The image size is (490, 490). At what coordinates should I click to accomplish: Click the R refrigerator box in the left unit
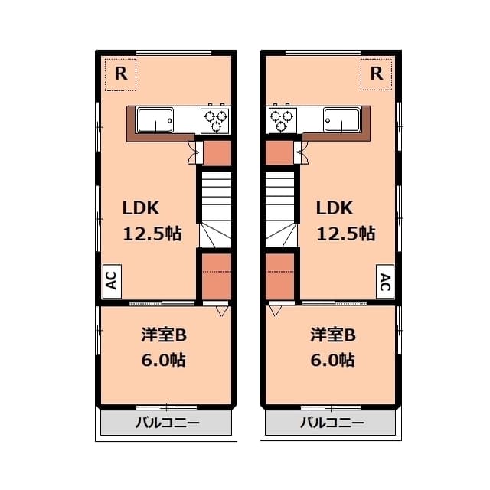tap(120, 74)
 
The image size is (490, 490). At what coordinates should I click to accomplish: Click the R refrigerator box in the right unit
tap(376, 74)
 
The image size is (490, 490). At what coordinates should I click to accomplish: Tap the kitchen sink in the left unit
tap(155, 120)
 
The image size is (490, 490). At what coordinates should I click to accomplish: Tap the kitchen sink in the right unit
tap(341, 120)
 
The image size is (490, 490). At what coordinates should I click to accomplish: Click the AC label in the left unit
tap(111, 282)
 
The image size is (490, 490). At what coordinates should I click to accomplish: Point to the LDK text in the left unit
tap(142, 207)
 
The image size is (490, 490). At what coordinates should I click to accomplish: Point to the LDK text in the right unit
tap(335, 207)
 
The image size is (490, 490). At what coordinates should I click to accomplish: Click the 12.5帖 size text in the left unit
tap(153, 234)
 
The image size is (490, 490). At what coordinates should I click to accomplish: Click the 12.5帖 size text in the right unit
tap(346, 234)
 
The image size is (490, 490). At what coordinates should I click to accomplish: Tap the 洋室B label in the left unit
tap(164, 335)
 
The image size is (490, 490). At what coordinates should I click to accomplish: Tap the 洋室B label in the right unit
tap(332, 335)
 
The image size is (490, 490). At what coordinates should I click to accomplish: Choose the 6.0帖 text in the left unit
tap(164, 359)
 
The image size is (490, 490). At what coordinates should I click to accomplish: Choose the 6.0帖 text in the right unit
tap(332, 359)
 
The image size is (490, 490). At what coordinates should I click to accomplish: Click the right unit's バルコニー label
tap(332, 423)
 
